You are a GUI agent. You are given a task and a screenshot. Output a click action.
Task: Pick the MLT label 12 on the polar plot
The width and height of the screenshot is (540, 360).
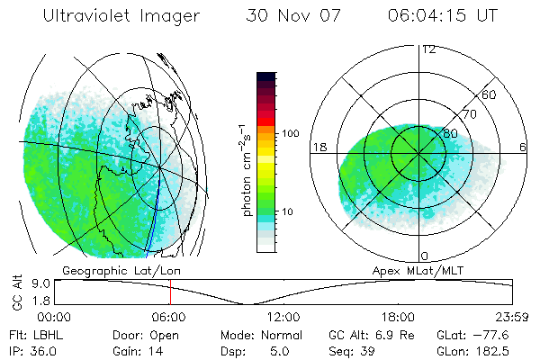click(428, 49)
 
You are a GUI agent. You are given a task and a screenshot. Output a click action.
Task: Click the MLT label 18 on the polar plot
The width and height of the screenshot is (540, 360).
click(319, 147)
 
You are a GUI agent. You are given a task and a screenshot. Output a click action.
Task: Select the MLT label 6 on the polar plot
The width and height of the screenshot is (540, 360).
click(523, 147)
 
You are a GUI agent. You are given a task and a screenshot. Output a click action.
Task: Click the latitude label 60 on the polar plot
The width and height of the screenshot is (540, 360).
click(490, 94)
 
